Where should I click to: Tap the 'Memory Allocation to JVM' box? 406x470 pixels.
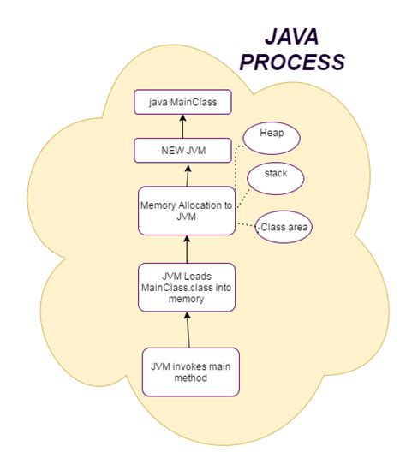coord(186,211)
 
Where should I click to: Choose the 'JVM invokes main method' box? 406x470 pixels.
coord(189,372)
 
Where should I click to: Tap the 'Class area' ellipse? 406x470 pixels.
coord(284,227)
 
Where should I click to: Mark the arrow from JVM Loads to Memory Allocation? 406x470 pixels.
coord(186,249)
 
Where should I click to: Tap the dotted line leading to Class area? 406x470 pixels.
coord(245,224)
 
